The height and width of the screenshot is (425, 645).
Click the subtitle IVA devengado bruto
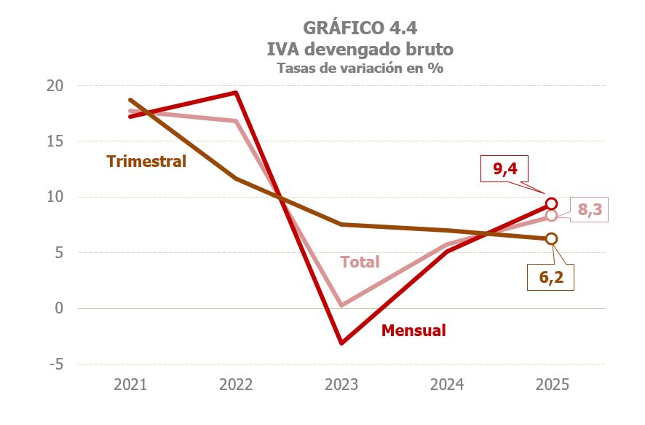[x=360, y=49]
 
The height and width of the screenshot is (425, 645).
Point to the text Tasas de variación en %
[x=360, y=68]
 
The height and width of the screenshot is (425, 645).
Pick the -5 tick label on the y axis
[x=56, y=364]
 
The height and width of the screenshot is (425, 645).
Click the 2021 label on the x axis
[x=130, y=385]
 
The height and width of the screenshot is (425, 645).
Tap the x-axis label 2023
[x=341, y=385]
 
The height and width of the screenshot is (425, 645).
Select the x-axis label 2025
[x=551, y=385]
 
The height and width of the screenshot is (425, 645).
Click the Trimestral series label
[x=146, y=162]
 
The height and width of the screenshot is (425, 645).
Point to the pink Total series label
[x=360, y=262]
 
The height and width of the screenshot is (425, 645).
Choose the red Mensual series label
[x=413, y=330]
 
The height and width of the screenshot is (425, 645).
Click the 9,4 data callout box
[x=504, y=169]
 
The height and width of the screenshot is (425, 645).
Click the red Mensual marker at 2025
[x=551, y=204]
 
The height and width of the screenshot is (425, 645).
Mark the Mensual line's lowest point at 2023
[x=341, y=343]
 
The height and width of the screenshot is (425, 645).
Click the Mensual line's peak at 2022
[x=236, y=93]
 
